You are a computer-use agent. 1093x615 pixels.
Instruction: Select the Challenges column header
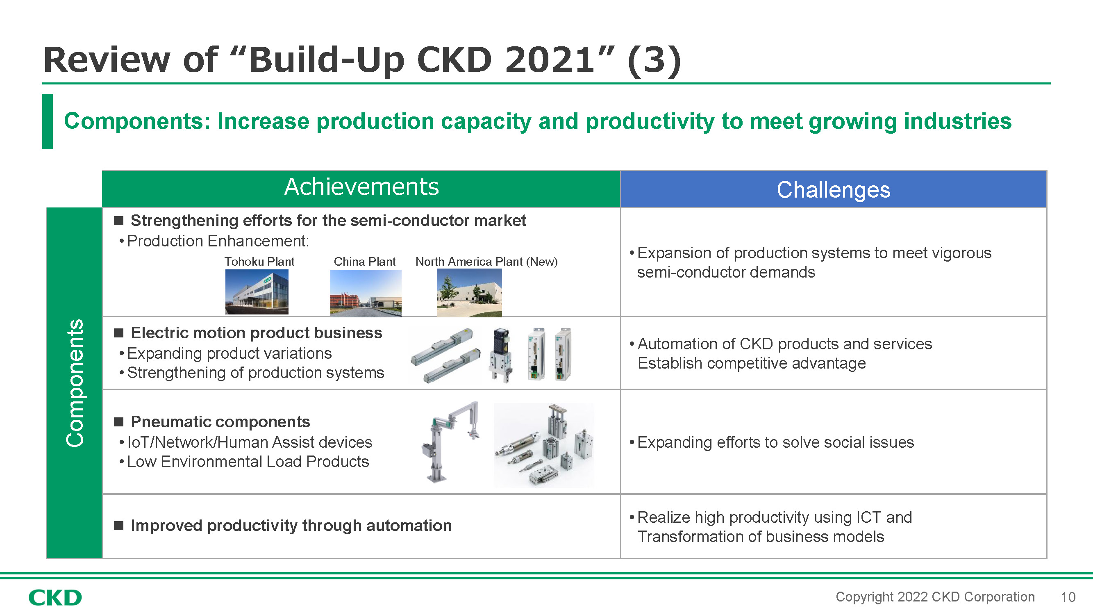(833, 190)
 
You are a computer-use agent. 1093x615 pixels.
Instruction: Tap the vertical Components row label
(75, 383)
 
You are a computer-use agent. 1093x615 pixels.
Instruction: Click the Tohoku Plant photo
(257, 292)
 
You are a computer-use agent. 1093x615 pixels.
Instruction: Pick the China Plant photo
(366, 293)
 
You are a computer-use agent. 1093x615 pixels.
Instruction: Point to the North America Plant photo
(469, 293)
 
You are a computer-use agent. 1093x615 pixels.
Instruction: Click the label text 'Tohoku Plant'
(259, 262)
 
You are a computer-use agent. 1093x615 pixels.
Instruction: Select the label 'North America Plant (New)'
(486, 262)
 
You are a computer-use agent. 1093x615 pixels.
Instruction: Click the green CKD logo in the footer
(55, 598)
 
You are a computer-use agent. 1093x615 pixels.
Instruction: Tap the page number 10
(1068, 598)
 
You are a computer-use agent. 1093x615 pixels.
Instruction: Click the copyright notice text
(935, 597)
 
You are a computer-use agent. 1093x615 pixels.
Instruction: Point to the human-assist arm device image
(451, 442)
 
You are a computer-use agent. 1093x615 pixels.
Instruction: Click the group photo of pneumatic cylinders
(543, 445)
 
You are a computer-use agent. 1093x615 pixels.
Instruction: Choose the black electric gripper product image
(501, 355)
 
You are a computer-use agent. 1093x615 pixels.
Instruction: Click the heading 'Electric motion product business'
(256, 333)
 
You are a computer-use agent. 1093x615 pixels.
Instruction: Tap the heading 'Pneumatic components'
(220, 422)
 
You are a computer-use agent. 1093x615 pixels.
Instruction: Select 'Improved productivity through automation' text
(291, 526)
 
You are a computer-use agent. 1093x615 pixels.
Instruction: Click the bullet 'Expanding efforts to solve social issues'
(775, 442)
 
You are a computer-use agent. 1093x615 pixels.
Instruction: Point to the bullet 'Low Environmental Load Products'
(248, 461)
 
